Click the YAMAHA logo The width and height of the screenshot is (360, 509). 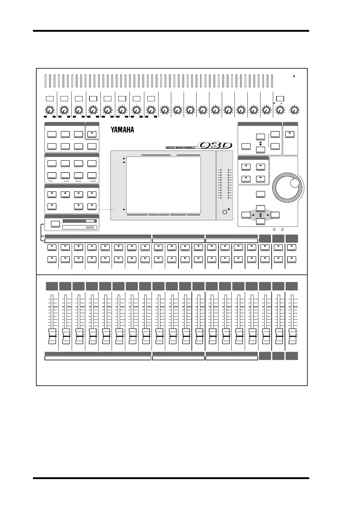[x=122, y=130]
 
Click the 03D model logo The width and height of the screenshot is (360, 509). [x=215, y=145]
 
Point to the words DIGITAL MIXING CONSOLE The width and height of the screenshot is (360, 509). [x=180, y=148]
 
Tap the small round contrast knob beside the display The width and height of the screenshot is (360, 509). [x=224, y=212]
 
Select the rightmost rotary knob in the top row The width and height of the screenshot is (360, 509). [x=293, y=110]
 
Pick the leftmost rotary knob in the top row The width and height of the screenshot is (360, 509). [x=50, y=110]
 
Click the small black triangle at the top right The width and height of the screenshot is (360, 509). [x=294, y=76]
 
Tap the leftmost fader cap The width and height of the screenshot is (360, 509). [x=52, y=336]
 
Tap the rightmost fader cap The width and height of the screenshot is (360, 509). [x=292, y=336]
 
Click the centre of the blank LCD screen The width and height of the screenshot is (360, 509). [x=163, y=185]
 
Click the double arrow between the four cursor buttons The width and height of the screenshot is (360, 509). [x=260, y=215]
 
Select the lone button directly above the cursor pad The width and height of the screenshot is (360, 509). [x=260, y=194]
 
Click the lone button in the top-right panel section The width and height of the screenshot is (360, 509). [x=290, y=134]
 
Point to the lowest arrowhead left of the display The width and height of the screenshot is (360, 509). [x=124, y=209]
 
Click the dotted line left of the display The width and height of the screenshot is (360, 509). [x=107, y=209]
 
